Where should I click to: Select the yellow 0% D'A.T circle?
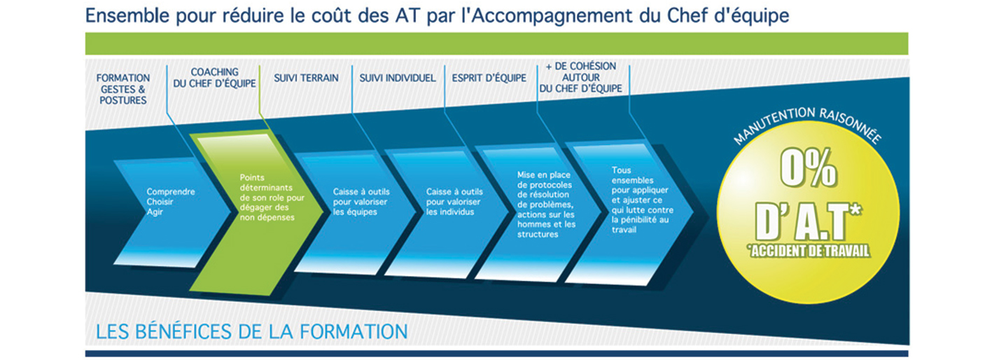coord(809,217)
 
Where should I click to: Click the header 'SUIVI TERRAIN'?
coord(306,78)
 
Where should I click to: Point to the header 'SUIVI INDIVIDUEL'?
coord(397,78)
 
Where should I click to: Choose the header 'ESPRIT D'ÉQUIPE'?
coord(489,78)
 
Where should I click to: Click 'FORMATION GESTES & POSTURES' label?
coord(123,89)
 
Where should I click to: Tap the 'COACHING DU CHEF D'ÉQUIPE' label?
coord(214,78)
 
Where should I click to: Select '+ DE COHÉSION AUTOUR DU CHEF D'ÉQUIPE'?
coord(580,78)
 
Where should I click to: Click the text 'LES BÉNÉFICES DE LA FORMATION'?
coord(251,332)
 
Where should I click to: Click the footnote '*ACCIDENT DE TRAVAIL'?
coord(809,251)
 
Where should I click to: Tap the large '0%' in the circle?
coord(809,168)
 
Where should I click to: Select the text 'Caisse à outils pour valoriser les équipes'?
coord(361,202)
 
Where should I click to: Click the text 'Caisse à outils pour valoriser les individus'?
coord(454,202)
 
